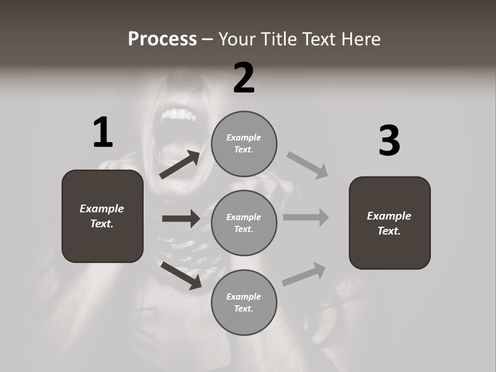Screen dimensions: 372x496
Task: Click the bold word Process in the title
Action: click(162, 39)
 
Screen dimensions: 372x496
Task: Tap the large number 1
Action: click(103, 132)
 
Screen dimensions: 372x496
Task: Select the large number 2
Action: click(244, 78)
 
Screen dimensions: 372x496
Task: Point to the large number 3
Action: click(389, 141)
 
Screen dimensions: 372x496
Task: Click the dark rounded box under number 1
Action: click(102, 216)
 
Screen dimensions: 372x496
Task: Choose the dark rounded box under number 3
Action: click(390, 223)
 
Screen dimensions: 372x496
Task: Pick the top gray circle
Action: click(244, 143)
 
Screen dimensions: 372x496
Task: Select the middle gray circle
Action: click(244, 223)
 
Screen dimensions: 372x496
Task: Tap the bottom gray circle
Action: click(244, 302)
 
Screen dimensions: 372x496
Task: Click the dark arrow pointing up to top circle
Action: click(180, 165)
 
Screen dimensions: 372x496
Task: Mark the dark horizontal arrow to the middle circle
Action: click(181, 219)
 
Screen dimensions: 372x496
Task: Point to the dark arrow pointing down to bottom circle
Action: click(181, 275)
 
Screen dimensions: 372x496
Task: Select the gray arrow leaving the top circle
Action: click(307, 165)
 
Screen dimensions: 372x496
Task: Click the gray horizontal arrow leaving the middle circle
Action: click(306, 217)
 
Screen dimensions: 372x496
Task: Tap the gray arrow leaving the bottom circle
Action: click(304, 274)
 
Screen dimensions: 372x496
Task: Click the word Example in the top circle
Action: click(243, 137)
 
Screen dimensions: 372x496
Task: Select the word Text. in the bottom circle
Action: click(243, 308)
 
